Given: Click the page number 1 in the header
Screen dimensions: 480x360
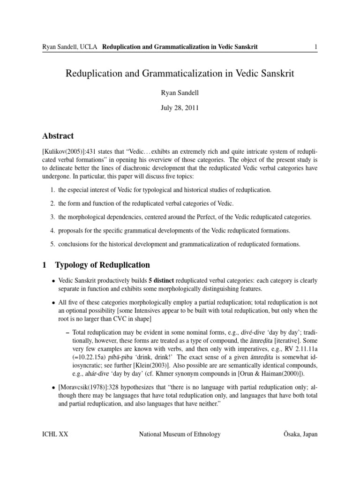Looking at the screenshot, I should point(316,46).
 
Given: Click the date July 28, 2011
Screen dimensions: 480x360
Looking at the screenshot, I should point(180,108).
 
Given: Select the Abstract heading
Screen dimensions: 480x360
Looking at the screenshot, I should point(58,136).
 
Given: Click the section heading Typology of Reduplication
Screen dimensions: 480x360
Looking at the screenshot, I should point(102,265).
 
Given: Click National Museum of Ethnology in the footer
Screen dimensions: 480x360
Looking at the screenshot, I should point(180,435).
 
